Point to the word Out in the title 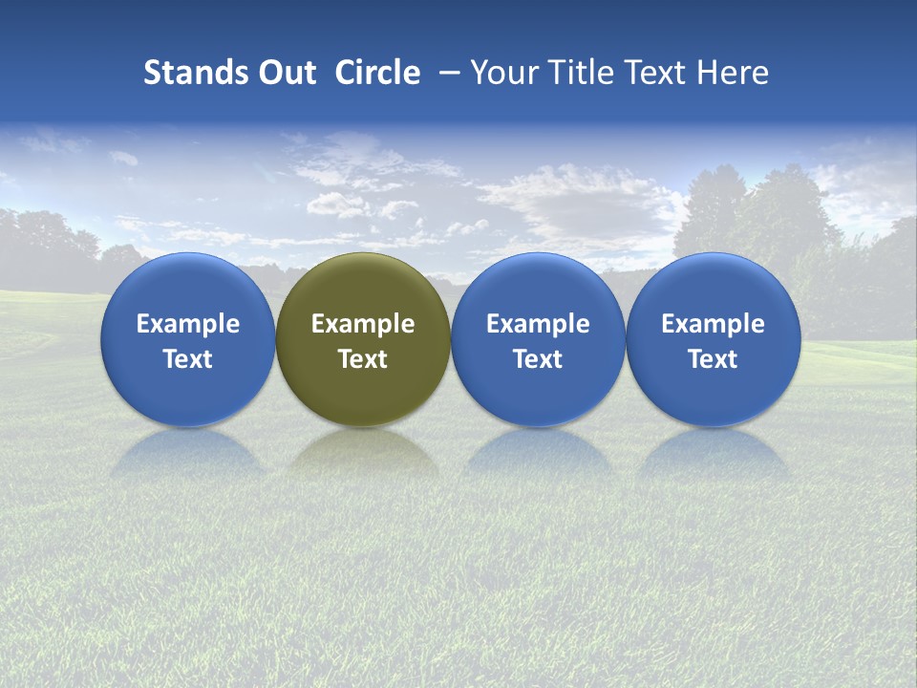285,73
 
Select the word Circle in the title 377,73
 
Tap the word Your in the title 503,73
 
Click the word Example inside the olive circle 363,324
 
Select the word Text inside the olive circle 363,359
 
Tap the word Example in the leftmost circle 187,324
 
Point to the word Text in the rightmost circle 713,359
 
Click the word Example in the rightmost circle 713,324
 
